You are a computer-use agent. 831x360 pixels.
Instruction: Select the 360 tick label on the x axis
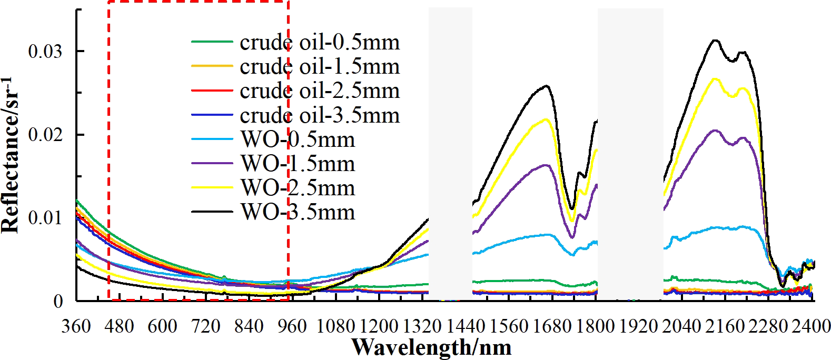coord(76,326)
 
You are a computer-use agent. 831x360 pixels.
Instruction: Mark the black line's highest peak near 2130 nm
coord(715,40)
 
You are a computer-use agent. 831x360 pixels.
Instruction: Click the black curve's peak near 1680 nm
coord(547,86)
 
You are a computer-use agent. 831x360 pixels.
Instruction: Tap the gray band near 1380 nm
coord(450,153)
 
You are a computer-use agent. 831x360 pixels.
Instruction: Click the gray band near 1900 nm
coord(630,153)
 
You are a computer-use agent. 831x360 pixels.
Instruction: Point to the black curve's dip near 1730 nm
coord(572,208)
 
